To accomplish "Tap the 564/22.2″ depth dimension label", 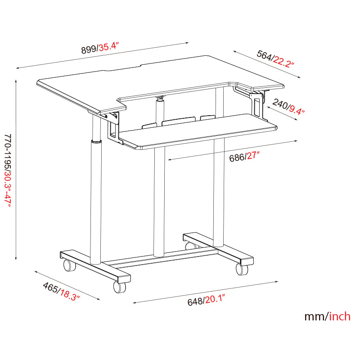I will click(x=275, y=59).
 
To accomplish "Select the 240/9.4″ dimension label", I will click(x=288, y=107).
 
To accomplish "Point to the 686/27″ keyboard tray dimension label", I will click(x=245, y=156).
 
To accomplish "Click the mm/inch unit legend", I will click(x=327, y=316).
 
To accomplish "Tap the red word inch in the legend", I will click(x=340, y=316).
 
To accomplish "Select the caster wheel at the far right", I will click(x=242, y=269).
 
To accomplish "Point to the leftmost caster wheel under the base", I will click(x=69, y=265).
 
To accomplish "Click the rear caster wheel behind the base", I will click(x=191, y=245).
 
